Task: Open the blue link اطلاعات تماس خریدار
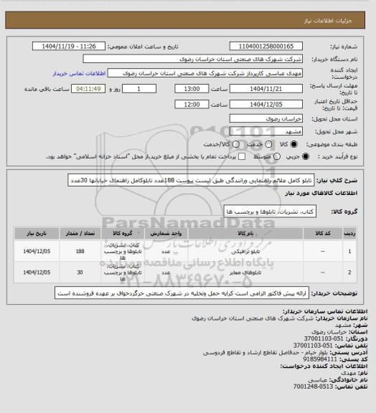click(80, 73)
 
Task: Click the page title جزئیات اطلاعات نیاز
click(338, 7)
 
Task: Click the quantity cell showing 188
click(80, 252)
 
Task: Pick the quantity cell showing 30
click(80, 273)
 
